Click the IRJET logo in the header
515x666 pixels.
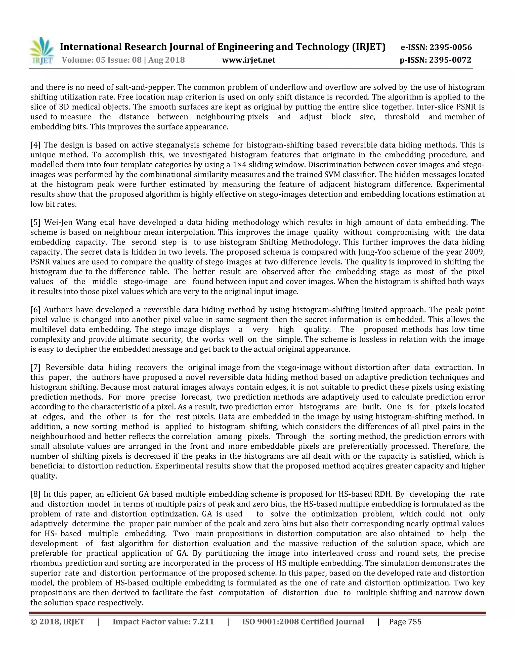click(42, 51)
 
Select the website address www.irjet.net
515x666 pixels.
click(249, 60)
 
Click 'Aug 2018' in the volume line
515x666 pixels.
click(167, 60)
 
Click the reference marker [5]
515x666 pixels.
click(35, 222)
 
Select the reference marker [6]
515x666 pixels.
click(35, 310)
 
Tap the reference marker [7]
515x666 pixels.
click(35, 367)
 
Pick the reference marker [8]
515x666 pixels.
click(35, 494)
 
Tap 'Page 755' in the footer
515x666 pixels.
click(405, 622)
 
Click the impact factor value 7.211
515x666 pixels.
click(203, 622)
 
